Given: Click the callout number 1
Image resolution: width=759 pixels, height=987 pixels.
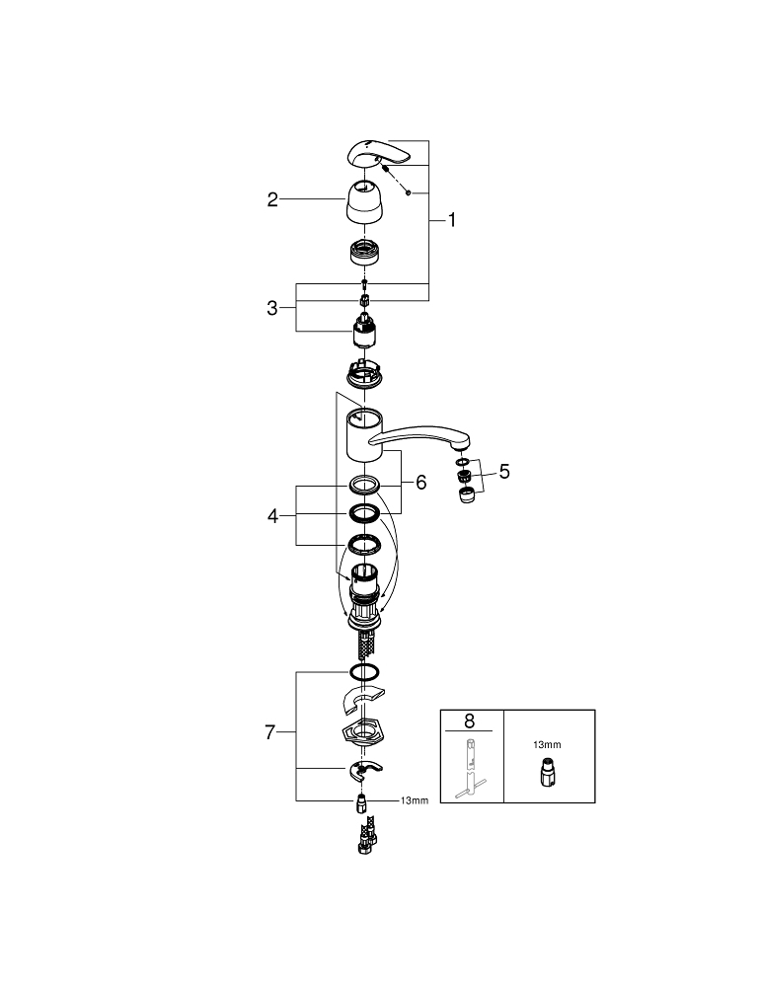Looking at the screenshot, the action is coord(451,220).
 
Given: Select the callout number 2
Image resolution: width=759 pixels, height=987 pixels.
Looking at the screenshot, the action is coord(271,199).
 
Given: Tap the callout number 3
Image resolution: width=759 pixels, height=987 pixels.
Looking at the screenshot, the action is coord(271,308).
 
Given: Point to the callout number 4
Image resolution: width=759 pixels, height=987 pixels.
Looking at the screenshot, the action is coord(271,516).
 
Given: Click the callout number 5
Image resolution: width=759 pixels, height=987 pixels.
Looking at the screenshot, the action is coord(504,472).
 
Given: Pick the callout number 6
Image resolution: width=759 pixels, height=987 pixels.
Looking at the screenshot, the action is coord(421,483).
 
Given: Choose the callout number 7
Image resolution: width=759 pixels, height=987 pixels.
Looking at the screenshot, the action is coord(270,732).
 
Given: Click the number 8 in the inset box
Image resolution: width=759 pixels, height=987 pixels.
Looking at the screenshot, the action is coord(469,721).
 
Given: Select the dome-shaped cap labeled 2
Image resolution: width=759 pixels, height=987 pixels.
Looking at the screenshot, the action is coord(365,201).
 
